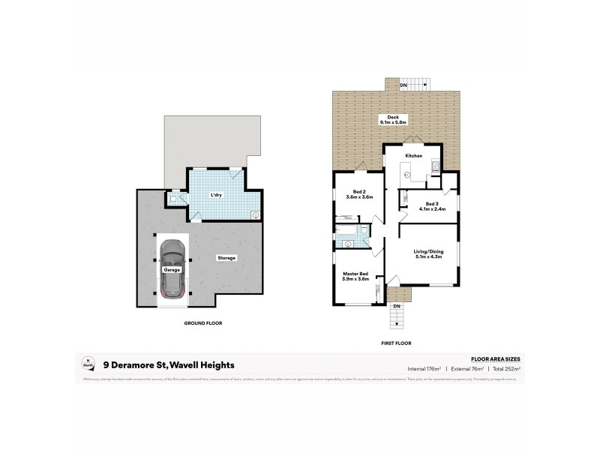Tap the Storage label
point(227,258)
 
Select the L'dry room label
point(217,195)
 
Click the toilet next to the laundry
point(173,199)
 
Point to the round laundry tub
point(256,215)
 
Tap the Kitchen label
point(413,155)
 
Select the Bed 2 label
point(354,191)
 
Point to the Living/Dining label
point(428,251)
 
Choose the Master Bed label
point(355,274)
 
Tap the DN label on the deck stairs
point(403,85)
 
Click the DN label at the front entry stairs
point(397,306)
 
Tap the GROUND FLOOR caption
point(202,323)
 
